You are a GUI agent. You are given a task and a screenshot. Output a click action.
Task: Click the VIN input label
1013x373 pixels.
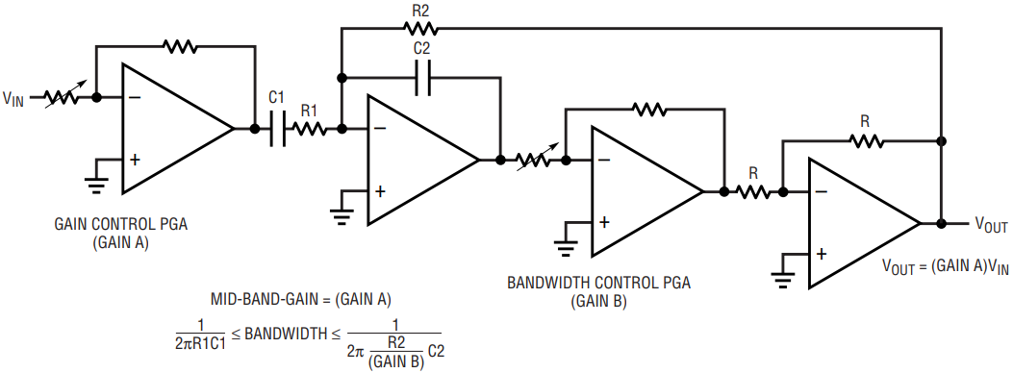click(13, 99)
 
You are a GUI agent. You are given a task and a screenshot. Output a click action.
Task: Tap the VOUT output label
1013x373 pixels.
click(991, 225)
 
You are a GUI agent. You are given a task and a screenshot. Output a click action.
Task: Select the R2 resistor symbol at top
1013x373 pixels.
click(420, 29)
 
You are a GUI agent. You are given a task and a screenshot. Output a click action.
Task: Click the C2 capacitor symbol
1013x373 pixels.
click(423, 78)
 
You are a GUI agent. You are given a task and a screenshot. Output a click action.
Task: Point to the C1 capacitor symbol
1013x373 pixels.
click(277, 129)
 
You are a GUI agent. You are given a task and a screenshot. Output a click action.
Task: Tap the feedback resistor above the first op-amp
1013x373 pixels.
click(180, 46)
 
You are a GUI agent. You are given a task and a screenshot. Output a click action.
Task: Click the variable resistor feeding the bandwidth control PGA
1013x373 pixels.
click(534, 159)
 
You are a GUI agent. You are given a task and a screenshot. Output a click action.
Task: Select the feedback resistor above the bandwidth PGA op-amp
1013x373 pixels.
click(650, 110)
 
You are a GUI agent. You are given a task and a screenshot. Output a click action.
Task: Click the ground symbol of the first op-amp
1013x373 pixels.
click(97, 184)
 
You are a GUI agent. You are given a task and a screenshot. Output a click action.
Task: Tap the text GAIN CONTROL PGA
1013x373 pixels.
click(121, 226)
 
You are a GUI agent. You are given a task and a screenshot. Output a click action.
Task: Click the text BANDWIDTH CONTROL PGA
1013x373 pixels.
click(598, 284)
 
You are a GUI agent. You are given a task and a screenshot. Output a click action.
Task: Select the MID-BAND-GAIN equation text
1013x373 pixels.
click(301, 300)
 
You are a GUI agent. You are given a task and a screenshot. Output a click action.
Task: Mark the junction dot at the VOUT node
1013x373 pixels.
click(941, 223)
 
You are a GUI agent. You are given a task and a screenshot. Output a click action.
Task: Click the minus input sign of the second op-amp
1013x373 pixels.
click(381, 129)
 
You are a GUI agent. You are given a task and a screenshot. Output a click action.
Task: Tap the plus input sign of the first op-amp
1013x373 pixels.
click(135, 160)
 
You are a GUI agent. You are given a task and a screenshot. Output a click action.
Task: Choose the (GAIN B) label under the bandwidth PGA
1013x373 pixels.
click(598, 301)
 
